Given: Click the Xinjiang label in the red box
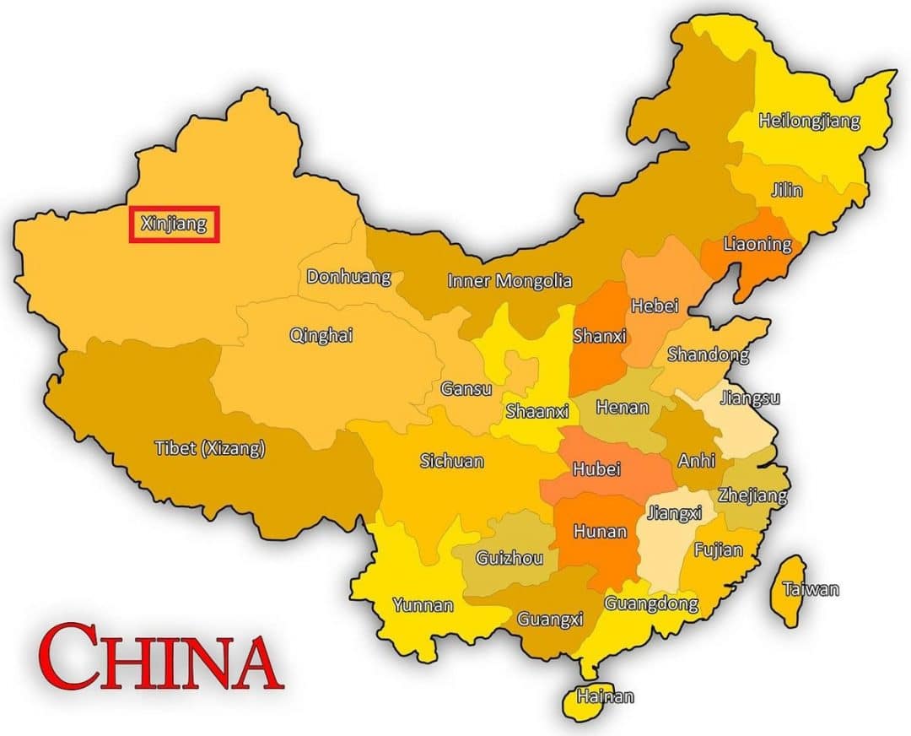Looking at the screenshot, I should pos(174,225).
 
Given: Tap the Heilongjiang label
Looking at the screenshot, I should pos(809,121).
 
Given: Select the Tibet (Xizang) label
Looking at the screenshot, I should pos(210,448).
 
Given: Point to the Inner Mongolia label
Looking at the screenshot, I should pos(509,281).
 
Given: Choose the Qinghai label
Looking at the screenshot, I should pos(321,335).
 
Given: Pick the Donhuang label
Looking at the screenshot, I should pos(348,276).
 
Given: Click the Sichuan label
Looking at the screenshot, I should pos(452,461).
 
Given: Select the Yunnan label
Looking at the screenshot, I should pos(423,605).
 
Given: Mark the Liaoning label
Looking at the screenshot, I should pos(757,245).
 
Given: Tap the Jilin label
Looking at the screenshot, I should pos(786,190).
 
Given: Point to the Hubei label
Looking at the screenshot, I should pos(596,468).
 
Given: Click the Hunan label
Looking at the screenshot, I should pos(600,532).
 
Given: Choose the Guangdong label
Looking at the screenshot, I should pos(651,603).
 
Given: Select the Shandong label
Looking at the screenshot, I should pos(708,354).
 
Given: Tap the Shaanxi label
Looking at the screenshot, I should pos(537,412).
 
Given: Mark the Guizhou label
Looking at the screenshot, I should pos(504,558).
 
